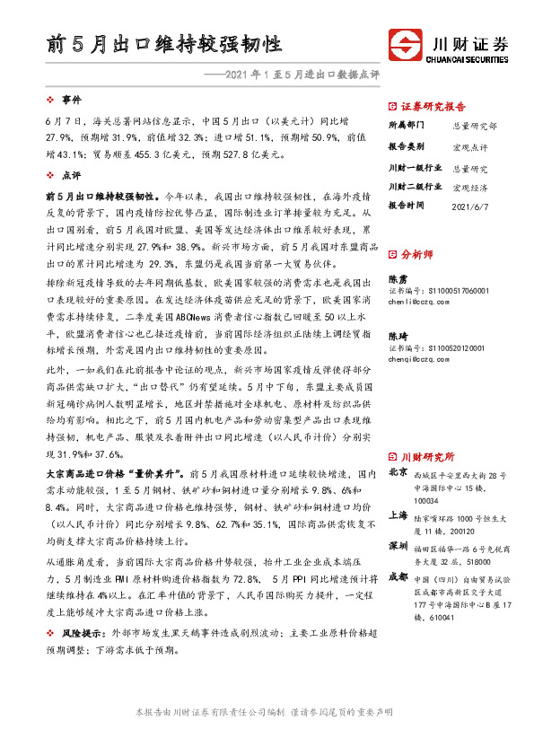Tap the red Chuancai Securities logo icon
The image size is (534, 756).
point(406,45)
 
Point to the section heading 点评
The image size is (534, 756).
point(71,176)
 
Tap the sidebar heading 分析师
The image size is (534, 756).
point(417,254)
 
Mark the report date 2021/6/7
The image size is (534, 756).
point(472,205)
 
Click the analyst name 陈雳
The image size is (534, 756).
point(396,279)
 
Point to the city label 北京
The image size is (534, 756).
point(397,471)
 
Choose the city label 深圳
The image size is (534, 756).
point(397,546)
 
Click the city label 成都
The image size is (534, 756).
point(397,576)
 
